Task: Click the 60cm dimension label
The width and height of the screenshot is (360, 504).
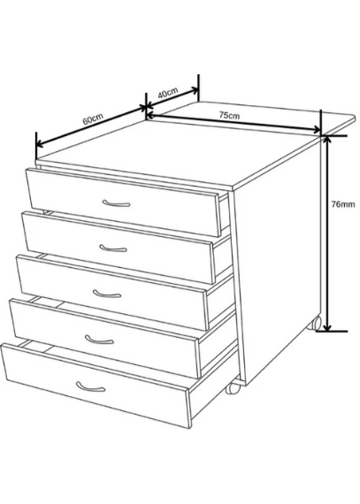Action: coord(93,118)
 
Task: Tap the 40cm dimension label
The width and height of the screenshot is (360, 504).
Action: coord(168,93)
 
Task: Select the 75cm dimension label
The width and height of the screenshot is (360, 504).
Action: coord(229,115)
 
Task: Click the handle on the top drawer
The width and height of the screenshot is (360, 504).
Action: coord(116,203)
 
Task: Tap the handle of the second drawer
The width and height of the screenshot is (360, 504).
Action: coord(113,248)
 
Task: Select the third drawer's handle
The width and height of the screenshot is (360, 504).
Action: coord(107,294)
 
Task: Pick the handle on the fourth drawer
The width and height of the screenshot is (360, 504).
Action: coord(99,340)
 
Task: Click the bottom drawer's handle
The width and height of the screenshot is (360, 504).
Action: coord(90,386)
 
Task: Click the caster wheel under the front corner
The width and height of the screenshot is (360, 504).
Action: coord(233,387)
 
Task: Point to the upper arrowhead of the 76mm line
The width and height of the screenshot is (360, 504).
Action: coord(327,140)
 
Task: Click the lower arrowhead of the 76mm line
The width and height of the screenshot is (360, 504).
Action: coord(327,326)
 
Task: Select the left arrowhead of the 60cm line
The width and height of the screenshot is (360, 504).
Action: coord(40,143)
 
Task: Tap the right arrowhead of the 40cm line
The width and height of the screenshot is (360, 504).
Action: coord(194,90)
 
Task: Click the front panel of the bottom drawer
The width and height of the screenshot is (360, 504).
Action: coord(96,386)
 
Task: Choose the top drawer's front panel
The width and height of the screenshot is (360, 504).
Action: coord(123,202)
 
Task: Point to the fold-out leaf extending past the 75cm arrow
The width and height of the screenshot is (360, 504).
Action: coord(338,124)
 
